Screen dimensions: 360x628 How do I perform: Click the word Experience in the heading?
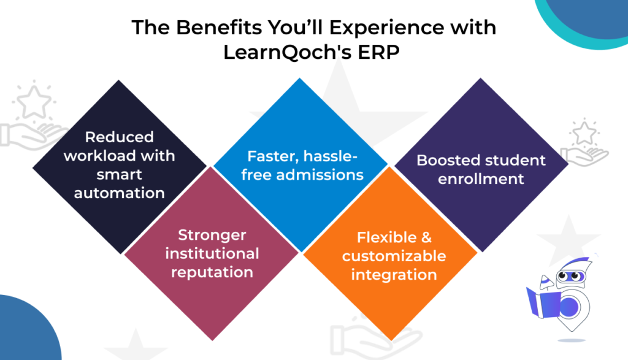[x=368, y=29]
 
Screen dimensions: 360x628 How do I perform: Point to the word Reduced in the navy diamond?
[x=119, y=137]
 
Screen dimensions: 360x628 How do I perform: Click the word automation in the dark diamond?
[x=119, y=193]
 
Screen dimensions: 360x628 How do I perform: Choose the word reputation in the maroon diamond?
[x=212, y=272]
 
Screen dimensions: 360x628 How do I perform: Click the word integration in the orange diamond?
[x=394, y=274]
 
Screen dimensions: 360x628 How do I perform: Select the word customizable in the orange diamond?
[x=394, y=256]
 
